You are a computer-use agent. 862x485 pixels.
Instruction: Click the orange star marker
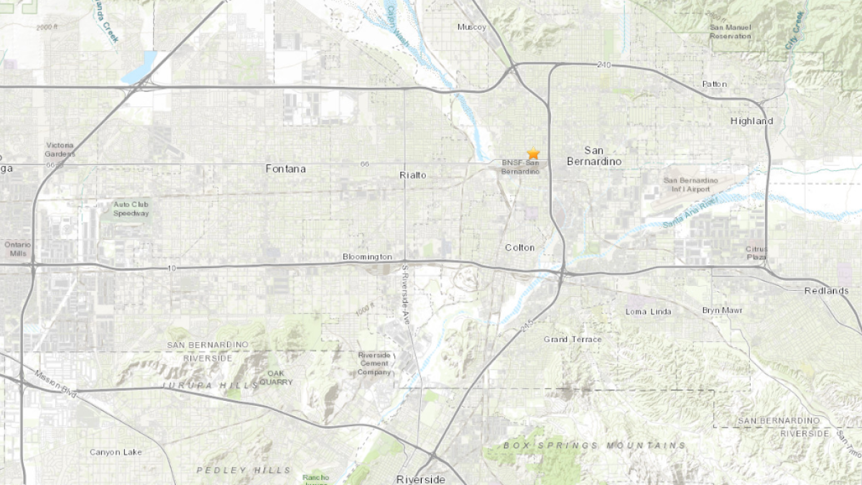[x=533, y=154]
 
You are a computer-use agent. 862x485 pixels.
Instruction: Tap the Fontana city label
[x=285, y=169]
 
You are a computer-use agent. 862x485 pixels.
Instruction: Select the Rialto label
[x=412, y=175]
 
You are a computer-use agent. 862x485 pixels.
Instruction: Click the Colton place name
[x=519, y=247]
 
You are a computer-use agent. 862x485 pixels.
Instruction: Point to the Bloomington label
[x=367, y=257]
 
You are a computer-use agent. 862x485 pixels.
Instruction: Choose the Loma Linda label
[x=648, y=311]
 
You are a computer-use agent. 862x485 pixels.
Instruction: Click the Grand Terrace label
[x=573, y=339]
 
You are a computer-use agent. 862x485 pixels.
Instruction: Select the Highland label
[x=751, y=121]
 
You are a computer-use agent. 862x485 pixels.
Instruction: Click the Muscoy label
[x=472, y=27]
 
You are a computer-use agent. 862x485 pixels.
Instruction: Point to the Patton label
[x=714, y=84]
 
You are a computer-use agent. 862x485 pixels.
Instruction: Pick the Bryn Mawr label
[x=723, y=310]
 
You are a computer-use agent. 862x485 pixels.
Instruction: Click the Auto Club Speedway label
[x=131, y=208]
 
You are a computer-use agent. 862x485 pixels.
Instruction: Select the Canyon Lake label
[x=116, y=452]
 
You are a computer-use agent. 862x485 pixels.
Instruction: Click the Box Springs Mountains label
[x=594, y=445]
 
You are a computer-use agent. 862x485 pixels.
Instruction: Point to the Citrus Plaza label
[x=756, y=252]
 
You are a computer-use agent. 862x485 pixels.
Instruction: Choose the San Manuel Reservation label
[x=731, y=32]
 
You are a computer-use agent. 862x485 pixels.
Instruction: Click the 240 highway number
[x=603, y=65]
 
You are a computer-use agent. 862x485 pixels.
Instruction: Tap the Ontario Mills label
[x=17, y=249]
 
